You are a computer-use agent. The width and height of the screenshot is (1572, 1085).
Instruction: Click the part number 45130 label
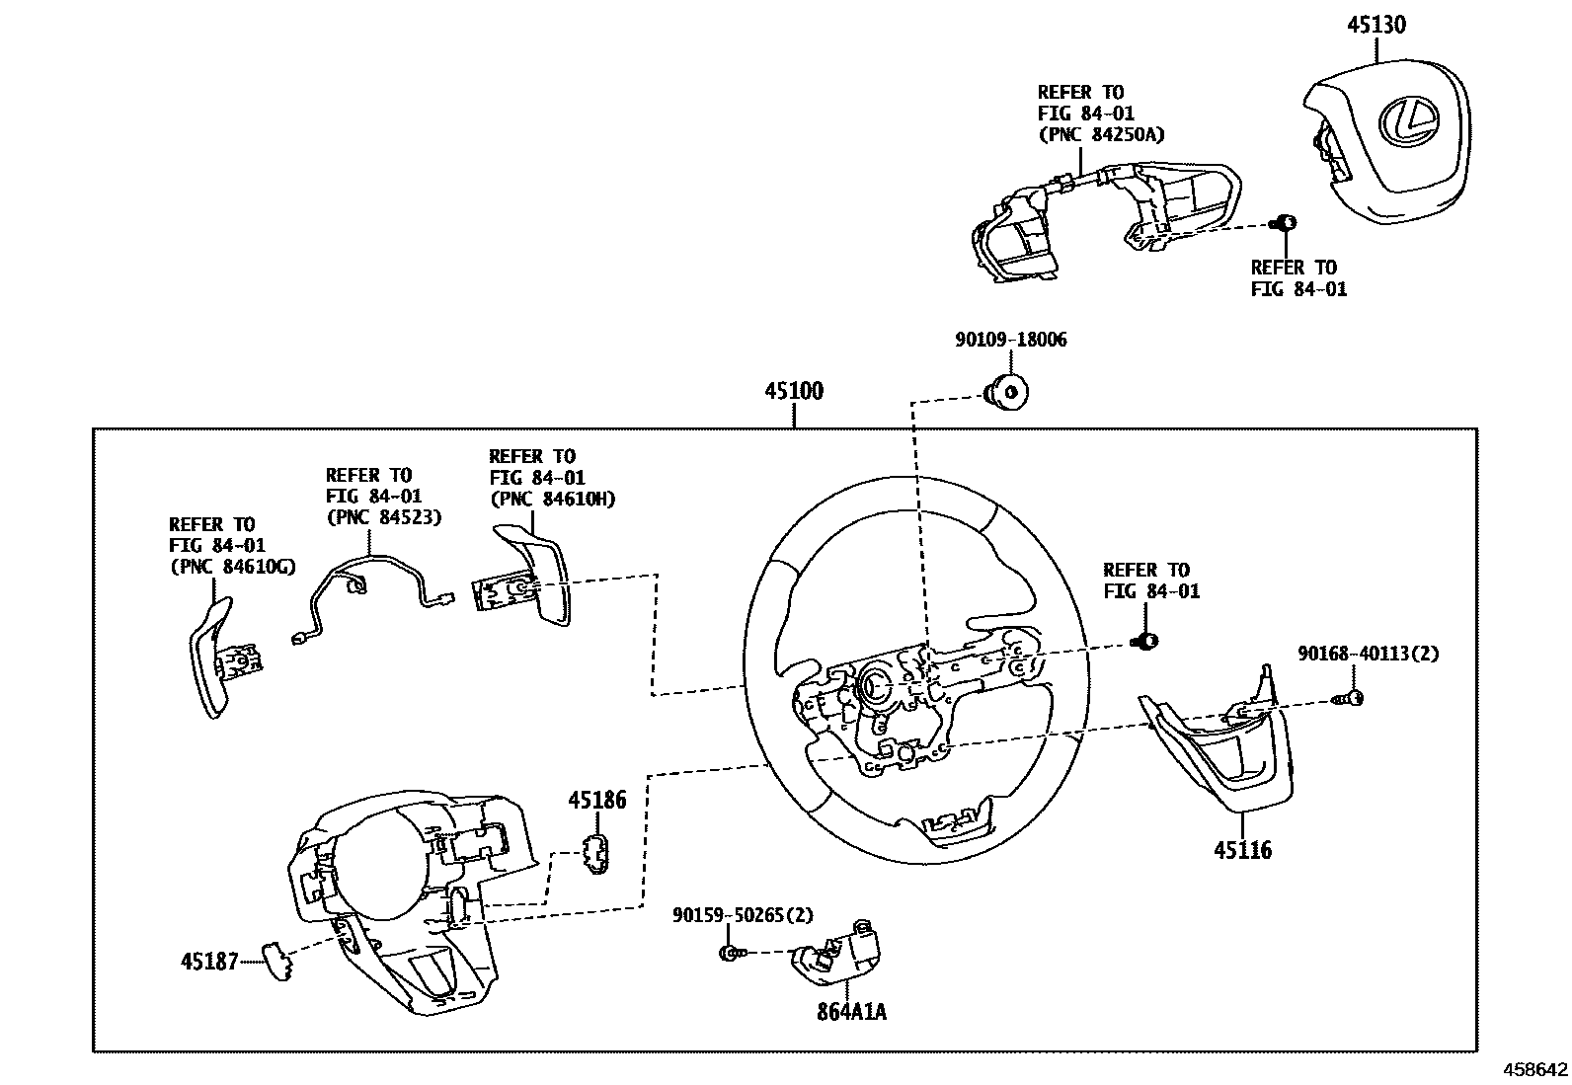(x=1376, y=25)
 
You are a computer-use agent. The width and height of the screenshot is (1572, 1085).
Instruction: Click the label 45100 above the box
(x=793, y=391)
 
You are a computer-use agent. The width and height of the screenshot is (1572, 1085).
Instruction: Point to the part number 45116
(x=1242, y=850)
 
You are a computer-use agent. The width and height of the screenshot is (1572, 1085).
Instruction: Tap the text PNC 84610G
(x=232, y=567)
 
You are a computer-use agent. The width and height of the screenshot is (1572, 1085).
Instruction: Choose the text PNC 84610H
(x=552, y=500)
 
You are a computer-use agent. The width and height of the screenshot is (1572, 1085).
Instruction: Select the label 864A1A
(x=850, y=1012)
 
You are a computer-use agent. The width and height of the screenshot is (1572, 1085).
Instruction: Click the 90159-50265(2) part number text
(x=743, y=915)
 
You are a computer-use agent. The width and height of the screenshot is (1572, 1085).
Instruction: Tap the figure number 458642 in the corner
(x=1534, y=1070)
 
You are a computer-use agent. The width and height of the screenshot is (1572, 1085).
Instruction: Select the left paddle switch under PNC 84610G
(x=222, y=657)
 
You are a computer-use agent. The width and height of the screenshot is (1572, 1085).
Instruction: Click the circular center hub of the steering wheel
(x=875, y=684)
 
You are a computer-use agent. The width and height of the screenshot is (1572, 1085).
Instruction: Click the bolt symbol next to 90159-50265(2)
(x=730, y=953)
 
